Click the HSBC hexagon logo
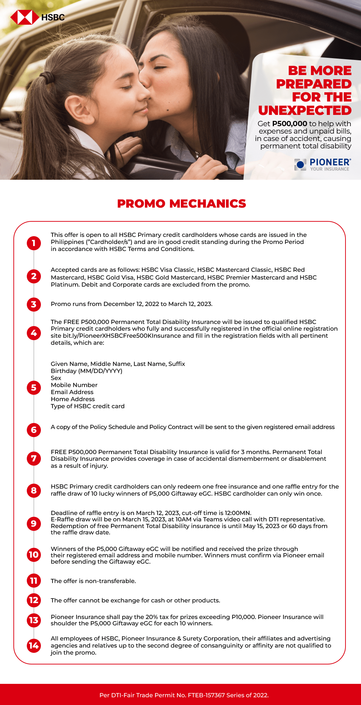point(24,17)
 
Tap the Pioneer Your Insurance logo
point(322,165)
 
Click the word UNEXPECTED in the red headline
point(305,110)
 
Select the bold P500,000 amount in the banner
point(289,124)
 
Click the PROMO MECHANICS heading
point(181,204)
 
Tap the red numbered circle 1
point(34,243)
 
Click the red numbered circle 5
point(34,388)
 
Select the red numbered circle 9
point(34,523)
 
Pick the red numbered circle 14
point(34,645)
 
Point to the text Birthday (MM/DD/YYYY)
point(86,371)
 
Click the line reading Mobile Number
point(74,385)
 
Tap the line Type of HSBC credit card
point(87,406)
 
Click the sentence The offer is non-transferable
point(93,581)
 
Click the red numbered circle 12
point(34,600)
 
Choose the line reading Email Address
point(72,392)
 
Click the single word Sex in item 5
point(56,378)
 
